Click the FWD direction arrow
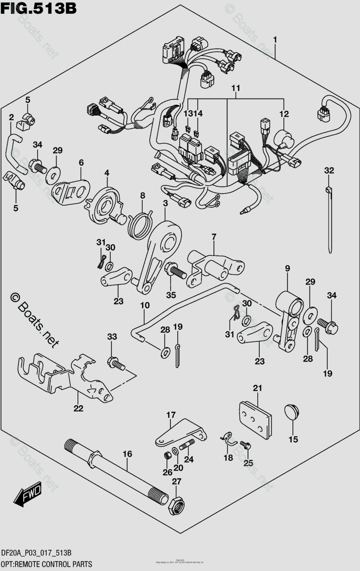pyautogui.click(x=28, y=494)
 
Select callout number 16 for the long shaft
pyautogui.click(x=127, y=454)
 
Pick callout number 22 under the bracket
pyautogui.click(x=78, y=408)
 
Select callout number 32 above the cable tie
pyautogui.click(x=329, y=170)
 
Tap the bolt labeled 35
pyautogui.click(x=175, y=272)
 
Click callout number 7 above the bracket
pyautogui.click(x=214, y=236)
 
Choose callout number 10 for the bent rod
pyautogui.click(x=145, y=305)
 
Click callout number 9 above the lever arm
pyautogui.click(x=287, y=270)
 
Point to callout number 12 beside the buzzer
pyautogui.click(x=284, y=114)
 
